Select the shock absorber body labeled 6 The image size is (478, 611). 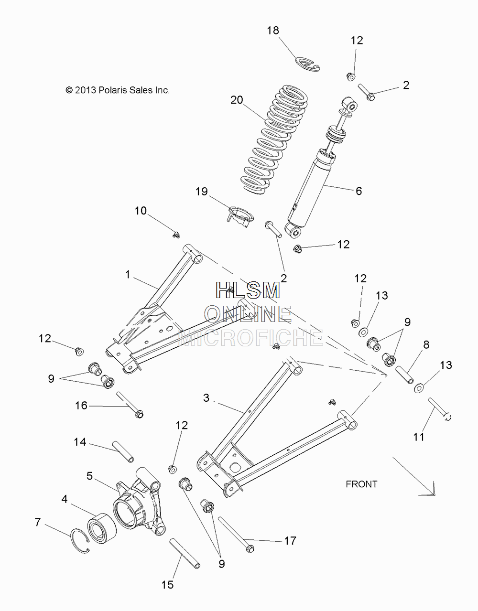(x=320, y=169)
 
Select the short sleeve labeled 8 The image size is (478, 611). (x=405, y=375)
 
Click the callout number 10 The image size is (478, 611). (x=141, y=211)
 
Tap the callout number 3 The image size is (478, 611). (x=206, y=397)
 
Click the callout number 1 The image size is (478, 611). (x=128, y=274)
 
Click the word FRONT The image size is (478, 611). (x=361, y=484)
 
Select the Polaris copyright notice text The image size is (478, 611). (x=118, y=90)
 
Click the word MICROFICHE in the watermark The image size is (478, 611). (x=251, y=337)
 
